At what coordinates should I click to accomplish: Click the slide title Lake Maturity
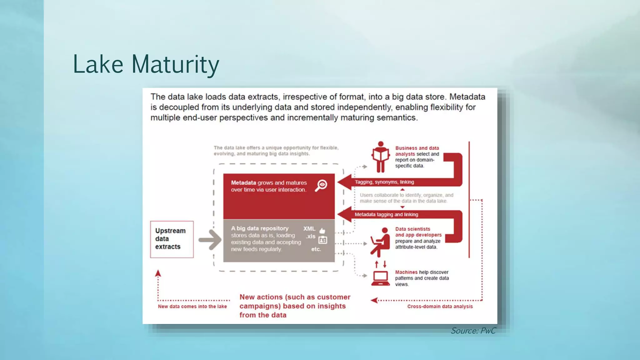pos(146,64)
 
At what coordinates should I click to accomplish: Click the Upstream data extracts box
pos(172,239)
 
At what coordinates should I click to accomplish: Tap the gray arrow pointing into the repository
pos(210,240)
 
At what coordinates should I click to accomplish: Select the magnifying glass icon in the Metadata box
pos(321,185)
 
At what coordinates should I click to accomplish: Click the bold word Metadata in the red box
pos(243,183)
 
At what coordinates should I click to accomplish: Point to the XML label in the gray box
pos(309,229)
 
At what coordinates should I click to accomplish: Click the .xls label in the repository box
pos(310,237)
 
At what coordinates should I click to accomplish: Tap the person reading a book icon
pos(380,157)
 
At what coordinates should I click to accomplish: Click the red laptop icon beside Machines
pos(380,278)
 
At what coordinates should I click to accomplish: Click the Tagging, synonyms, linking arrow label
pos(384,182)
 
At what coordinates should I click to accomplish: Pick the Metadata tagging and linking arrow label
pos(386,215)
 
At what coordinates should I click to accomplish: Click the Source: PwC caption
pos(473,331)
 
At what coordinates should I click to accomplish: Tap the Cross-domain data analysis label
pos(440,307)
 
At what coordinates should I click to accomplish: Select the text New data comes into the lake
pos(192,307)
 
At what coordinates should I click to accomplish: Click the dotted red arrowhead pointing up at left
pos(158,273)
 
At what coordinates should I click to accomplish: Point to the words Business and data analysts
pos(417,151)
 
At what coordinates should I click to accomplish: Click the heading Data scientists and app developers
pos(418,232)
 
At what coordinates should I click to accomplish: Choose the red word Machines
pos(406,272)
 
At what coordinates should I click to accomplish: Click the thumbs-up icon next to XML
pos(322,231)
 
